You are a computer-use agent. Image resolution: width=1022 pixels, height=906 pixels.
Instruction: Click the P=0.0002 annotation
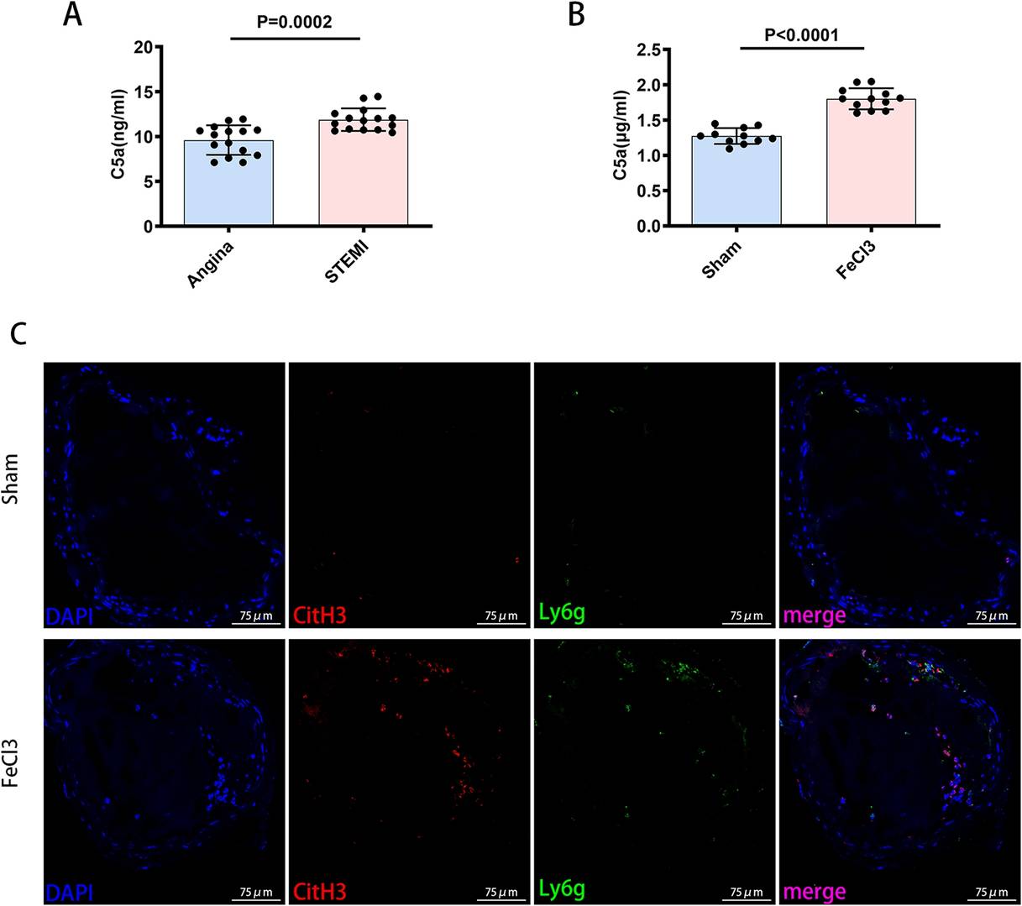pyautogui.click(x=295, y=22)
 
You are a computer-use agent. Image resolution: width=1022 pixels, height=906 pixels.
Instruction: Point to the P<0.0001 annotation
pyautogui.click(x=802, y=34)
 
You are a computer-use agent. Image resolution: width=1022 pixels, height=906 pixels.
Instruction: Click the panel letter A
pyautogui.click(x=73, y=15)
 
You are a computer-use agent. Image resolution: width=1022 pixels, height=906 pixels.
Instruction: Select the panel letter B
pyautogui.click(x=576, y=15)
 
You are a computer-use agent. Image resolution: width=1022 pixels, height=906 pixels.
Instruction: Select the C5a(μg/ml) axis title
pyautogui.click(x=620, y=136)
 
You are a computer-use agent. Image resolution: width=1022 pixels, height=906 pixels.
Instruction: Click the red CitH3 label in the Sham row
pyautogui.click(x=321, y=615)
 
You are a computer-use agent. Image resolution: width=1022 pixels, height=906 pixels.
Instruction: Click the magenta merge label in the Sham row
pyautogui.click(x=814, y=616)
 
